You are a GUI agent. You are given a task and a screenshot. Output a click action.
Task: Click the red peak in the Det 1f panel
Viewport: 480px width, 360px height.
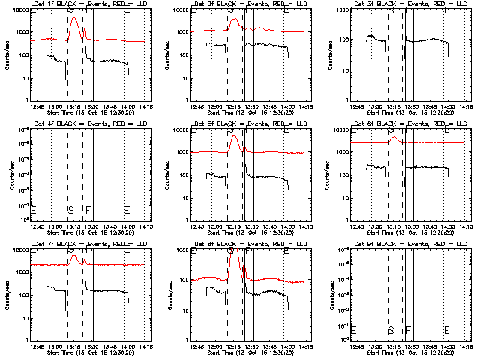pyautogui.click(x=73, y=19)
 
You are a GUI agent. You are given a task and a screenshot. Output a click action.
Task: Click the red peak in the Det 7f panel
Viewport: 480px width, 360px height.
pyautogui.click(x=74, y=256)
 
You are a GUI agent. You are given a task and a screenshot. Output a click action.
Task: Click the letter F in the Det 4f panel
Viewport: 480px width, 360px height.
pyautogui.click(x=88, y=209)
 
